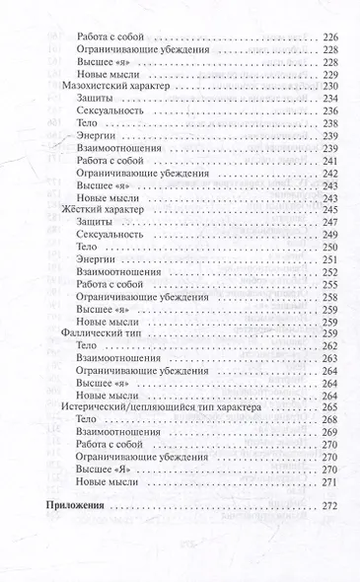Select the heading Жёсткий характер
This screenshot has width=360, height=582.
pos(98,210)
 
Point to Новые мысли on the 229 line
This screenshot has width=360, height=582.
pos(105,74)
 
